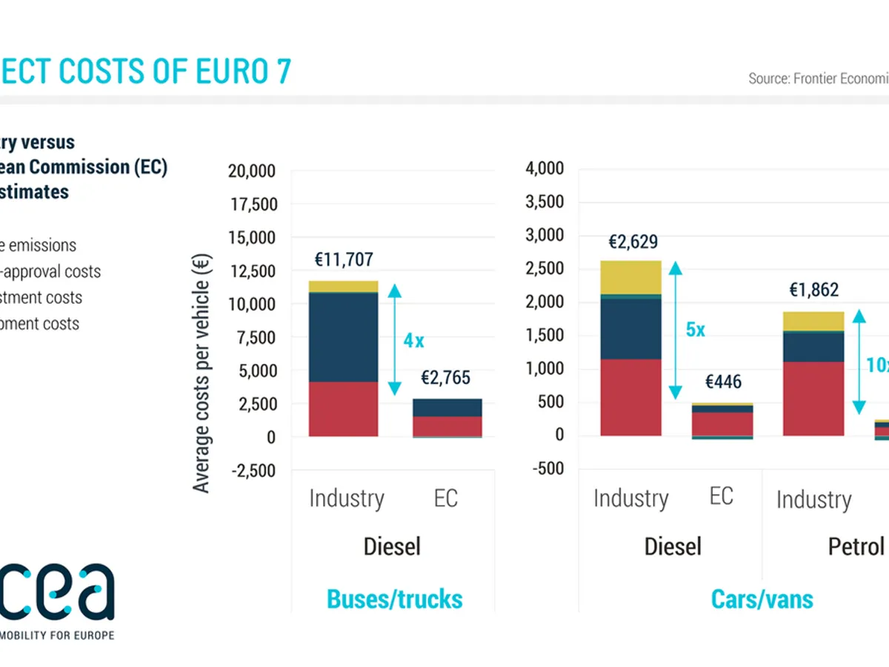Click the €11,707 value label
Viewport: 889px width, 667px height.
click(344, 260)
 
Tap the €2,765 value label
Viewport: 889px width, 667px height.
click(445, 379)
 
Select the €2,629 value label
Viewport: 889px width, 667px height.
click(633, 242)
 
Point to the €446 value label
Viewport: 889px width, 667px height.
click(723, 382)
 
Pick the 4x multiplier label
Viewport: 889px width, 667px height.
click(413, 341)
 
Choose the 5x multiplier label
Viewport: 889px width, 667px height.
click(695, 330)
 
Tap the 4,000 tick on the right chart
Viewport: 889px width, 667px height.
click(545, 169)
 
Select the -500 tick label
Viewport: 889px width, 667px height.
click(548, 468)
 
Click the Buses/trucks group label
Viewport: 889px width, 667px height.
click(394, 599)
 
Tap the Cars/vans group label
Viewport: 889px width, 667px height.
click(762, 599)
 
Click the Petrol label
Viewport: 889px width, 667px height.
click(856, 547)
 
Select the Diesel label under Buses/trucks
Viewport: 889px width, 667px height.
click(392, 547)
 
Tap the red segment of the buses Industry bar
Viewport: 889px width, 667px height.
click(344, 409)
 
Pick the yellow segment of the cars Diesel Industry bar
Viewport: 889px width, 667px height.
click(630, 277)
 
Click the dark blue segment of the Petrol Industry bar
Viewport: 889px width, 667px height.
click(813, 347)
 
